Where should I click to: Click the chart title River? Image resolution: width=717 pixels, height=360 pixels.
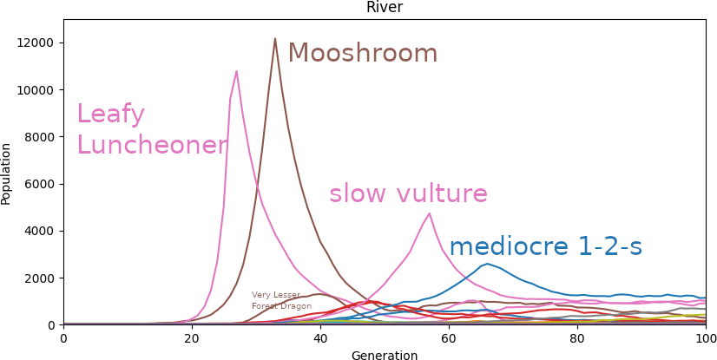tap(384, 8)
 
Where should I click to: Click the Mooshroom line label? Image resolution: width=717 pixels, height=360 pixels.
tap(362, 54)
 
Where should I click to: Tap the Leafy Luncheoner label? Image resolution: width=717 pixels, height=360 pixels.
tap(151, 130)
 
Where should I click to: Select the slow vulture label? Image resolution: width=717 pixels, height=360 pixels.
tap(408, 193)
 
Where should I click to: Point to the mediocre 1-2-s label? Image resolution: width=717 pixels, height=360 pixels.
tap(545, 247)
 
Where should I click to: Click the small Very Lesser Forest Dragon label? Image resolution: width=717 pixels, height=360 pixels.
tap(281, 300)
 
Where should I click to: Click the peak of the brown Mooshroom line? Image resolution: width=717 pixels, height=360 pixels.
tap(275, 39)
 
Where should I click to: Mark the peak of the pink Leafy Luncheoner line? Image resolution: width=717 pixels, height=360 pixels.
tap(236, 71)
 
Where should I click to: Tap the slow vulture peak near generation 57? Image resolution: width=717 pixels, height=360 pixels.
tap(429, 213)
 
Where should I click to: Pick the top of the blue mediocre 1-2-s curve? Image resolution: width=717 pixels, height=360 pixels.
tap(487, 264)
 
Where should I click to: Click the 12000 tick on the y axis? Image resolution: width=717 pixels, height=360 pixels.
tap(36, 43)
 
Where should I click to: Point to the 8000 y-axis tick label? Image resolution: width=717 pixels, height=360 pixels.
tap(39, 137)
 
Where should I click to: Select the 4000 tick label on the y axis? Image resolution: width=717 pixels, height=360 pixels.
tap(39, 231)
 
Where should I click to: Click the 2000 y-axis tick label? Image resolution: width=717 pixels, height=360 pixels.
tap(39, 278)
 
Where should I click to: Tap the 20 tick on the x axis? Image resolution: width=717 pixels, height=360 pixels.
tap(192, 337)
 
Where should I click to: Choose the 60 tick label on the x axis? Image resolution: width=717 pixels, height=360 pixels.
tap(449, 337)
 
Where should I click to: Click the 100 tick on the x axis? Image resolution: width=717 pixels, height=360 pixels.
tap(705, 337)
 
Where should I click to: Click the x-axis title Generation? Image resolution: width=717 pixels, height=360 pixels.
tap(384, 355)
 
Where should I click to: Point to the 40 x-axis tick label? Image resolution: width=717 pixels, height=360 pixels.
tap(320, 337)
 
